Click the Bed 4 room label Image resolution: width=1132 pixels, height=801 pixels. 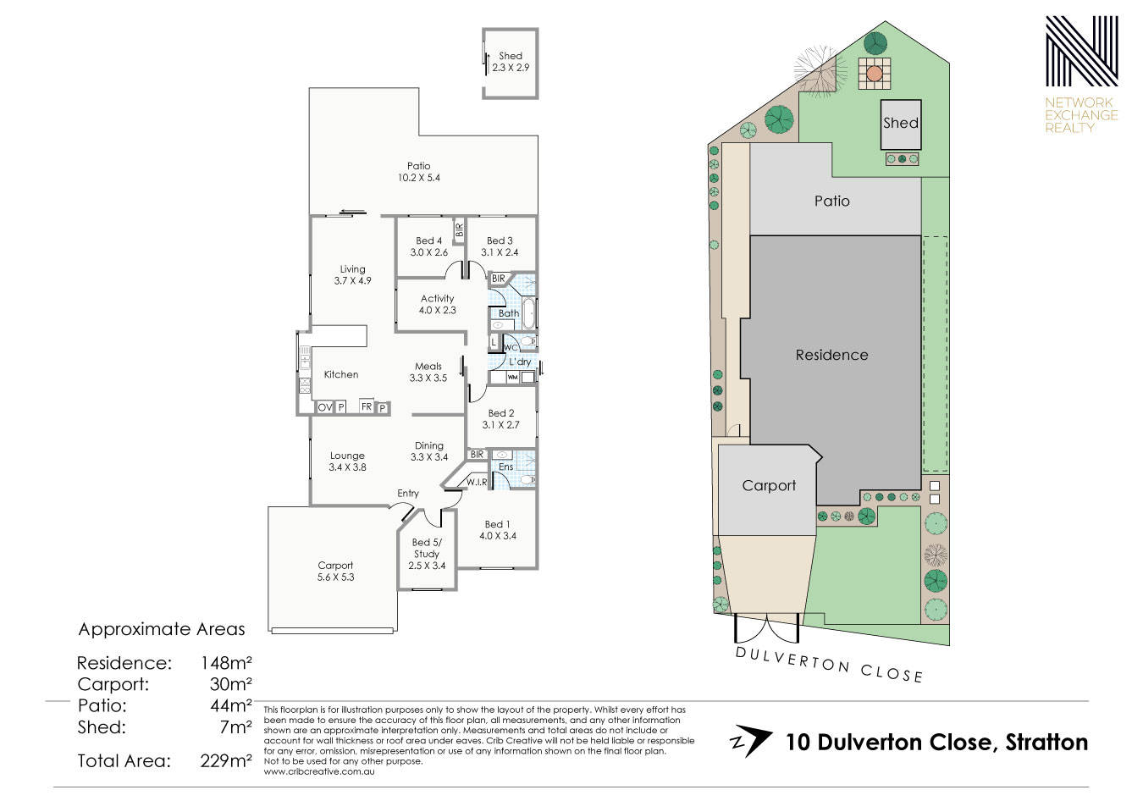click(428, 246)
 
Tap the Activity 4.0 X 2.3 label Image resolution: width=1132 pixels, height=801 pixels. click(437, 304)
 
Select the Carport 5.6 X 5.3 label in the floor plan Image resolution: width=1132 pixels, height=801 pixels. click(335, 571)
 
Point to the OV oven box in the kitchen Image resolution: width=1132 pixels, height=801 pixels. click(325, 406)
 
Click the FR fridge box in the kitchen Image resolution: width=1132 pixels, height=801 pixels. click(367, 406)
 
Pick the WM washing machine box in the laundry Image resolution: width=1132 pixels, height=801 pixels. click(512, 377)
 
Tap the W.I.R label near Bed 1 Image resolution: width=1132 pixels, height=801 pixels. click(477, 482)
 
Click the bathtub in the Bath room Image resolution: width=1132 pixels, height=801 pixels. click(528, 314)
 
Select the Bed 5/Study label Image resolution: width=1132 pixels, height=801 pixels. click(427, 554)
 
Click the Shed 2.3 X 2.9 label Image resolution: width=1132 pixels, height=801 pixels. click(511, 62)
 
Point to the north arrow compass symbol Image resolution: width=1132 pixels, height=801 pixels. click(750, 741)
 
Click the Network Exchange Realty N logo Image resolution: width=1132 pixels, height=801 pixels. click(1081, 51)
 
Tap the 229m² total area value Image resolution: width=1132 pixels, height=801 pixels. click(226, 760)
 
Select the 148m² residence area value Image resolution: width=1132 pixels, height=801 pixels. click(226, 662)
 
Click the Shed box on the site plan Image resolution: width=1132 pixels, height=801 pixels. click(901, 124)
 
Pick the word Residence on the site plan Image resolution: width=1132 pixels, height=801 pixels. click(831, 355)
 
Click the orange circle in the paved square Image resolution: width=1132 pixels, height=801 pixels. click(874, 74)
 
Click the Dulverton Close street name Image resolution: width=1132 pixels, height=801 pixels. click(829, 665)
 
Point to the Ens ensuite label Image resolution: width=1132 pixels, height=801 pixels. click(505, 467)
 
